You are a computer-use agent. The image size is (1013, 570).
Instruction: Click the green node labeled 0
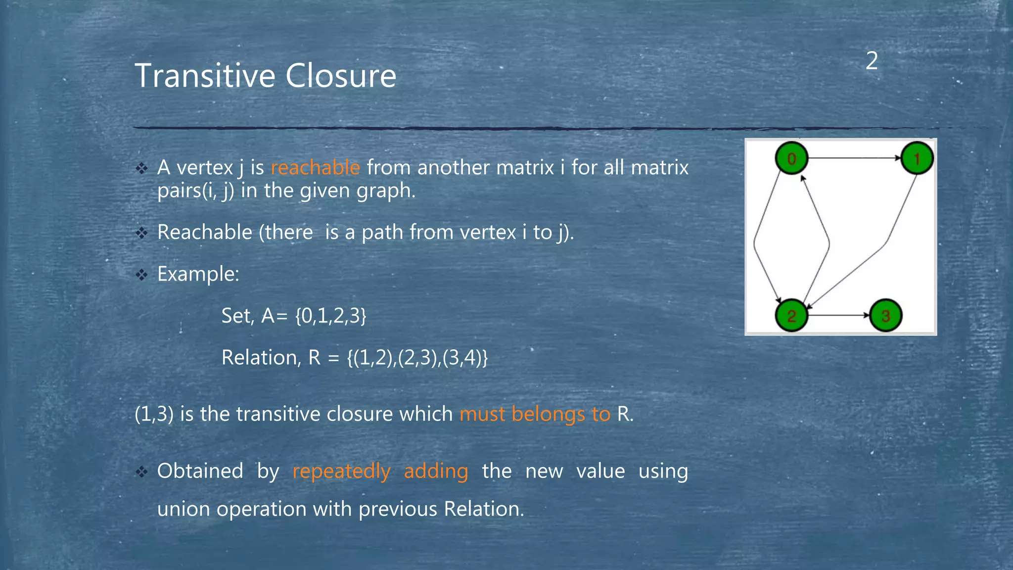[791, 158]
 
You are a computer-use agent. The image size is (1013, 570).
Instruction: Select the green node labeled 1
[917, 158]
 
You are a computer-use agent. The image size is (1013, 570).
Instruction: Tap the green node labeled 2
[791, 316]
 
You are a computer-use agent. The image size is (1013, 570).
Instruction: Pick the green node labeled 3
[885, 316]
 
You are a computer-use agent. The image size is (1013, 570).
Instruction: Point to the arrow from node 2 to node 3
[838, 315]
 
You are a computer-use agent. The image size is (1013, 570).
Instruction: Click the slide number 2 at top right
[872, 61]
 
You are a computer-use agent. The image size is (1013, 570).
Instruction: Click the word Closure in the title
[341, 76]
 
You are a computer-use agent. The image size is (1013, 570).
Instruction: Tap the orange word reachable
[315, 168]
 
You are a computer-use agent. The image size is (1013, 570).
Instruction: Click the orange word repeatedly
[341, 471]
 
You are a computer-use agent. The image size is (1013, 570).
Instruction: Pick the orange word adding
[436, 471]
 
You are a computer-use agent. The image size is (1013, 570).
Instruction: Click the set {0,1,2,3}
[330, 316]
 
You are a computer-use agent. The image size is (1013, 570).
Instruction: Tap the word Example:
[198, 274]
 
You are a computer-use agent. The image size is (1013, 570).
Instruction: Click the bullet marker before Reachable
[142, 233]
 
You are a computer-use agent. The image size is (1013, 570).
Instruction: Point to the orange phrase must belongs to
[535, 414]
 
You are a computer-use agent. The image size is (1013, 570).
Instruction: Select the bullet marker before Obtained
[142, 472]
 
